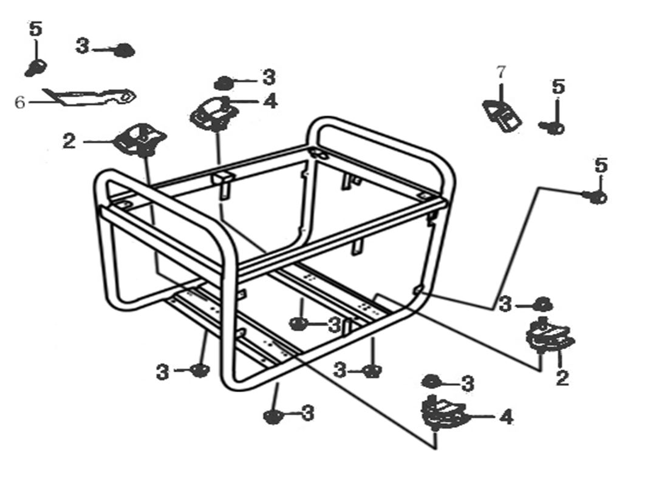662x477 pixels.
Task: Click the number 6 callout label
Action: point(19,102)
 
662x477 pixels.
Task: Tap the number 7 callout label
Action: point(500,72)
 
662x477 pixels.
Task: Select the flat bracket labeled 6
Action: point(91,96)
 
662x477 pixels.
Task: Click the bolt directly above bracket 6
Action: point(35,67)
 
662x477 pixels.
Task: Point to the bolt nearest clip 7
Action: point(553,127)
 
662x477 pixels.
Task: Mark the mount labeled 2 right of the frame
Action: point(548,335)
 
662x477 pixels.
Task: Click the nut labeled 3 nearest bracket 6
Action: point(124,50)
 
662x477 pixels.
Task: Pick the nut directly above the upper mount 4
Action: point(224,82)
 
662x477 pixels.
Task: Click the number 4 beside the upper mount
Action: point(270,101)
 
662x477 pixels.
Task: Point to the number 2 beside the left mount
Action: point(69,141)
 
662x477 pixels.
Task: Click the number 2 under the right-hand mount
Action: point(562,378)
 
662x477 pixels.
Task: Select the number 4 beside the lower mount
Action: point(505,417)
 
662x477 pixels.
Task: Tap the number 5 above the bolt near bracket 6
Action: point(36,29)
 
